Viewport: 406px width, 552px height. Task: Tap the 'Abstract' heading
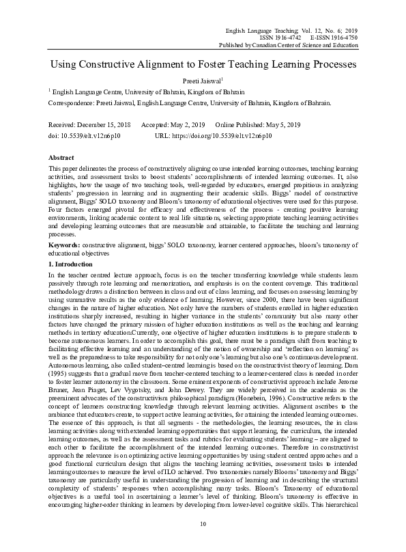pyautogui.click(x=62, y=156)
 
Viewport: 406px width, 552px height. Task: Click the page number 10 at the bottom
pyautogui.click(x=203, y=542)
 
